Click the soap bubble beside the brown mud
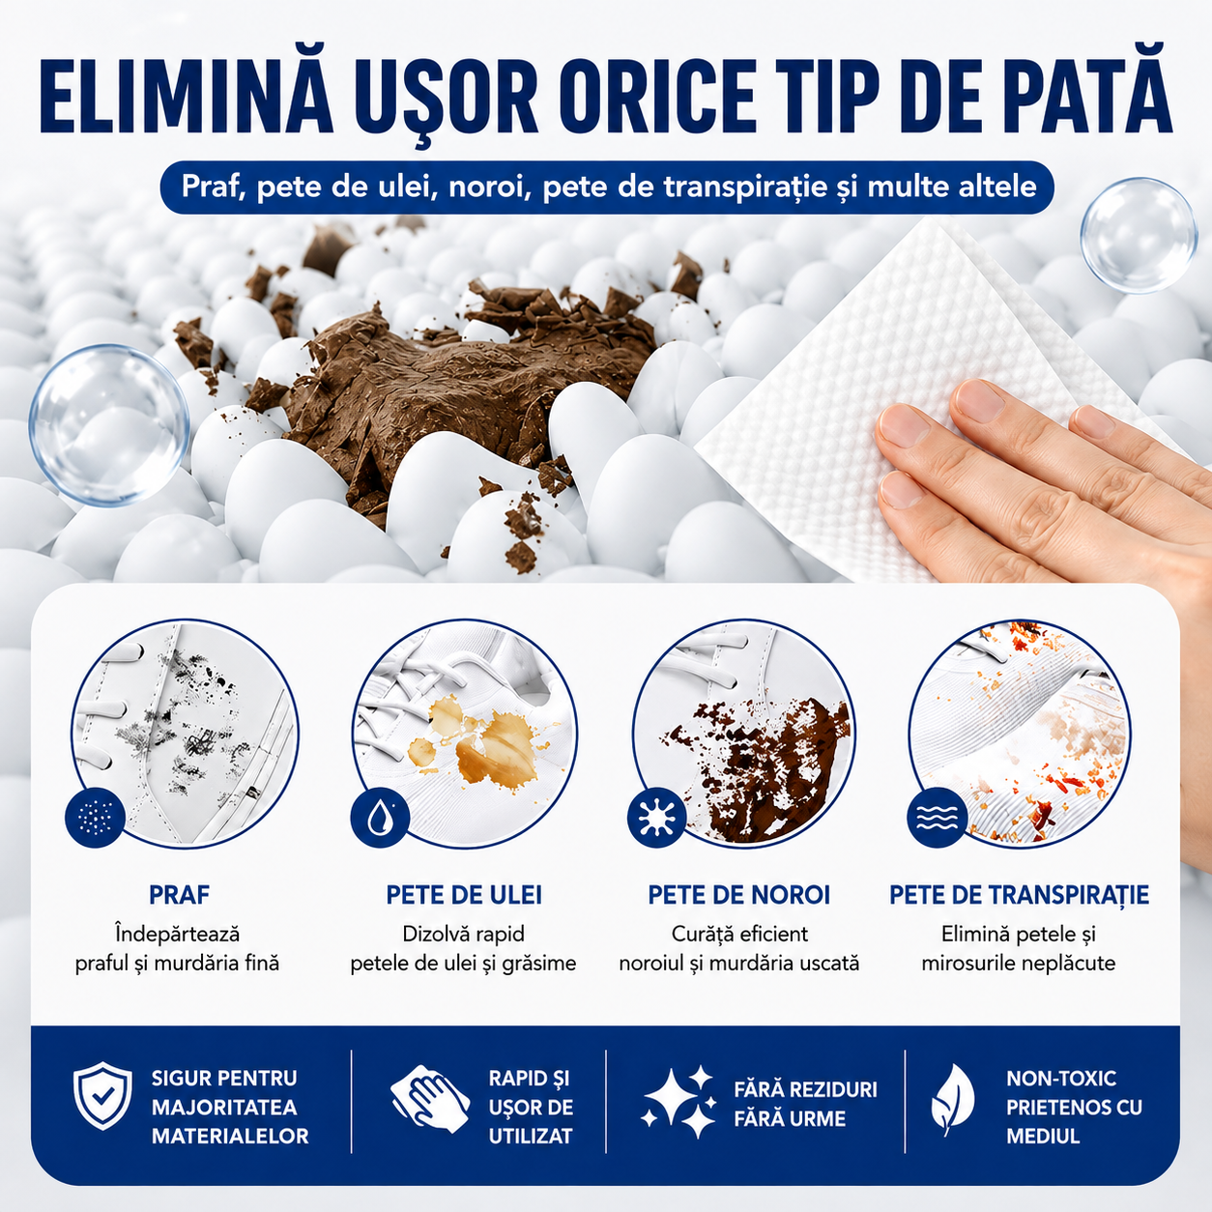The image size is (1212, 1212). pyautogui.click(x=109, y=424)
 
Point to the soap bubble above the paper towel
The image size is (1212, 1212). pyautogui.click(x=1140, y=236)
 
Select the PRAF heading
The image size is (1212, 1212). pyautogui.click(x=179, y=895)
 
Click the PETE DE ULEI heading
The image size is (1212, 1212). pyautogui.click(x=464, y=895)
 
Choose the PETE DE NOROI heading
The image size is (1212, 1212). pyautogui.click(x=739, y=895)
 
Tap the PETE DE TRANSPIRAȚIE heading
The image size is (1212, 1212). pyautogui.click(x=1019, y=895)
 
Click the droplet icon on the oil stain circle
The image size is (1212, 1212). pyautogui.click(x=379, y=818)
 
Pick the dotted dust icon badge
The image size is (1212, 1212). pyautogui.click(x=95, y=817)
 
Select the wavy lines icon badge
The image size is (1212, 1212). pyautogui.click(x=937, y=817)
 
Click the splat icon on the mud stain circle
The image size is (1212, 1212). pyautogui.click(x=656, y=817)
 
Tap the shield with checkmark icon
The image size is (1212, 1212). pyautogui.click(x=102, y=1096)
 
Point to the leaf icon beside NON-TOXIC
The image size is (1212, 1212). pyautogui.click(x=952, y=1100)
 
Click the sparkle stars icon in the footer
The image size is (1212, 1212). pyautogui.click(x=678, y=1101)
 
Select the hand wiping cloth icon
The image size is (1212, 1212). pyautogui.click(x=430, y=1098)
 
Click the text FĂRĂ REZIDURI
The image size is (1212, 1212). pyautogui.click(x=805, y=1088)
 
